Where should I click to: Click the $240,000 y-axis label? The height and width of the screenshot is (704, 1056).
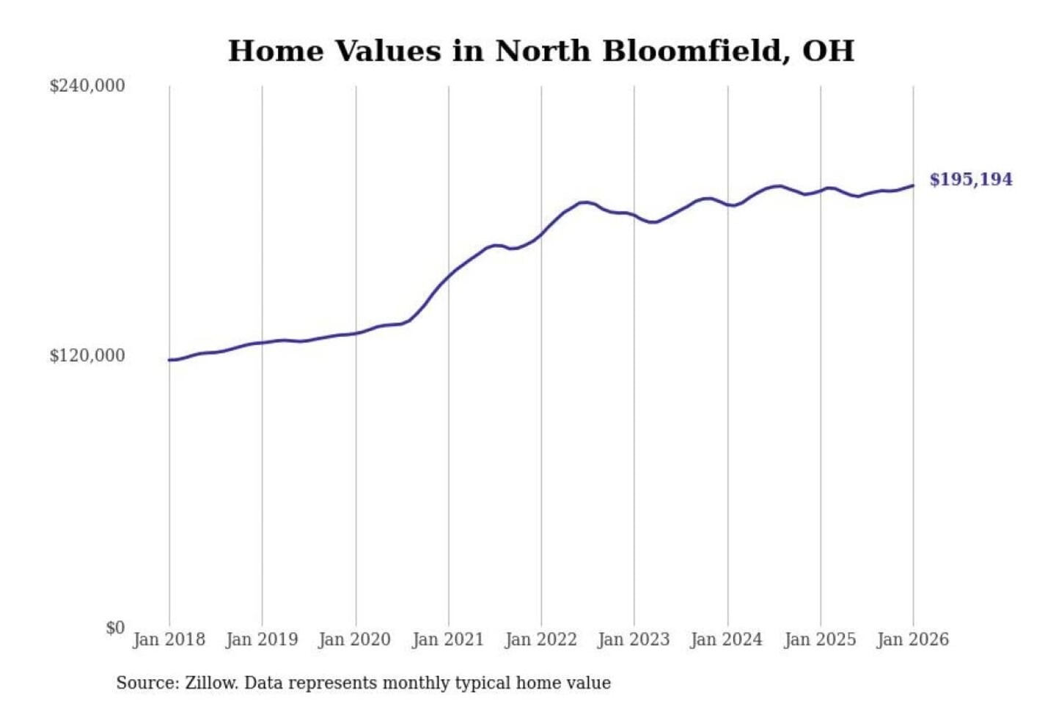(x=87, y=86)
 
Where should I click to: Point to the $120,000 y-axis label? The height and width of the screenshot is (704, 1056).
(x=87, y=356)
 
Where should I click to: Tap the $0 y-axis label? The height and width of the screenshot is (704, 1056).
(x=115, y=628)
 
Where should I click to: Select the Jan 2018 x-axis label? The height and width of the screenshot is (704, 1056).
(x=169, y=639)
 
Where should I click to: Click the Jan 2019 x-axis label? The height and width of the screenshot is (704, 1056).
(x=262, y=639)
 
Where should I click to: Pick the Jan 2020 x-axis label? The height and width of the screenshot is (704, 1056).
(x=355, y=639)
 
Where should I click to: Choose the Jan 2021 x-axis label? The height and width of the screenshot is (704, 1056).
(x=448, y=639)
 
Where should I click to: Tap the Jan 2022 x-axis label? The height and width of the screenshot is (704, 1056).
(x=541, y=639)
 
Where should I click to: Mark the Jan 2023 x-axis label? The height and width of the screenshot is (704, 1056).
(x=634, y=639)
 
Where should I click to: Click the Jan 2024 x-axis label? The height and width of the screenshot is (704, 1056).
(x=727, y=639)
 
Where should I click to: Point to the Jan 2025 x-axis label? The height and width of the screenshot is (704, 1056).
(x=820, y=639)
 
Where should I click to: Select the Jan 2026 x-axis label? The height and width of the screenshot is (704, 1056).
(x=913, y=639)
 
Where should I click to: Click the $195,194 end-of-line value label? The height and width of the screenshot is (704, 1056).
(x=971, y=180)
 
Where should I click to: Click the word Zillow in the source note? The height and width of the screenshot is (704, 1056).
(x=211, y=683)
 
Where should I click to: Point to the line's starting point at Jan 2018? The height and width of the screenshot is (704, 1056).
(x=169, y=360)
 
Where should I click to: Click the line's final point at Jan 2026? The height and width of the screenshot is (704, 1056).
(x=913, y=186)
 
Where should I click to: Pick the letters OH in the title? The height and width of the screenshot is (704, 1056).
(x=829, y=51)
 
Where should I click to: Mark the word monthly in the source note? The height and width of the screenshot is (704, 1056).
(x=417, y=683)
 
